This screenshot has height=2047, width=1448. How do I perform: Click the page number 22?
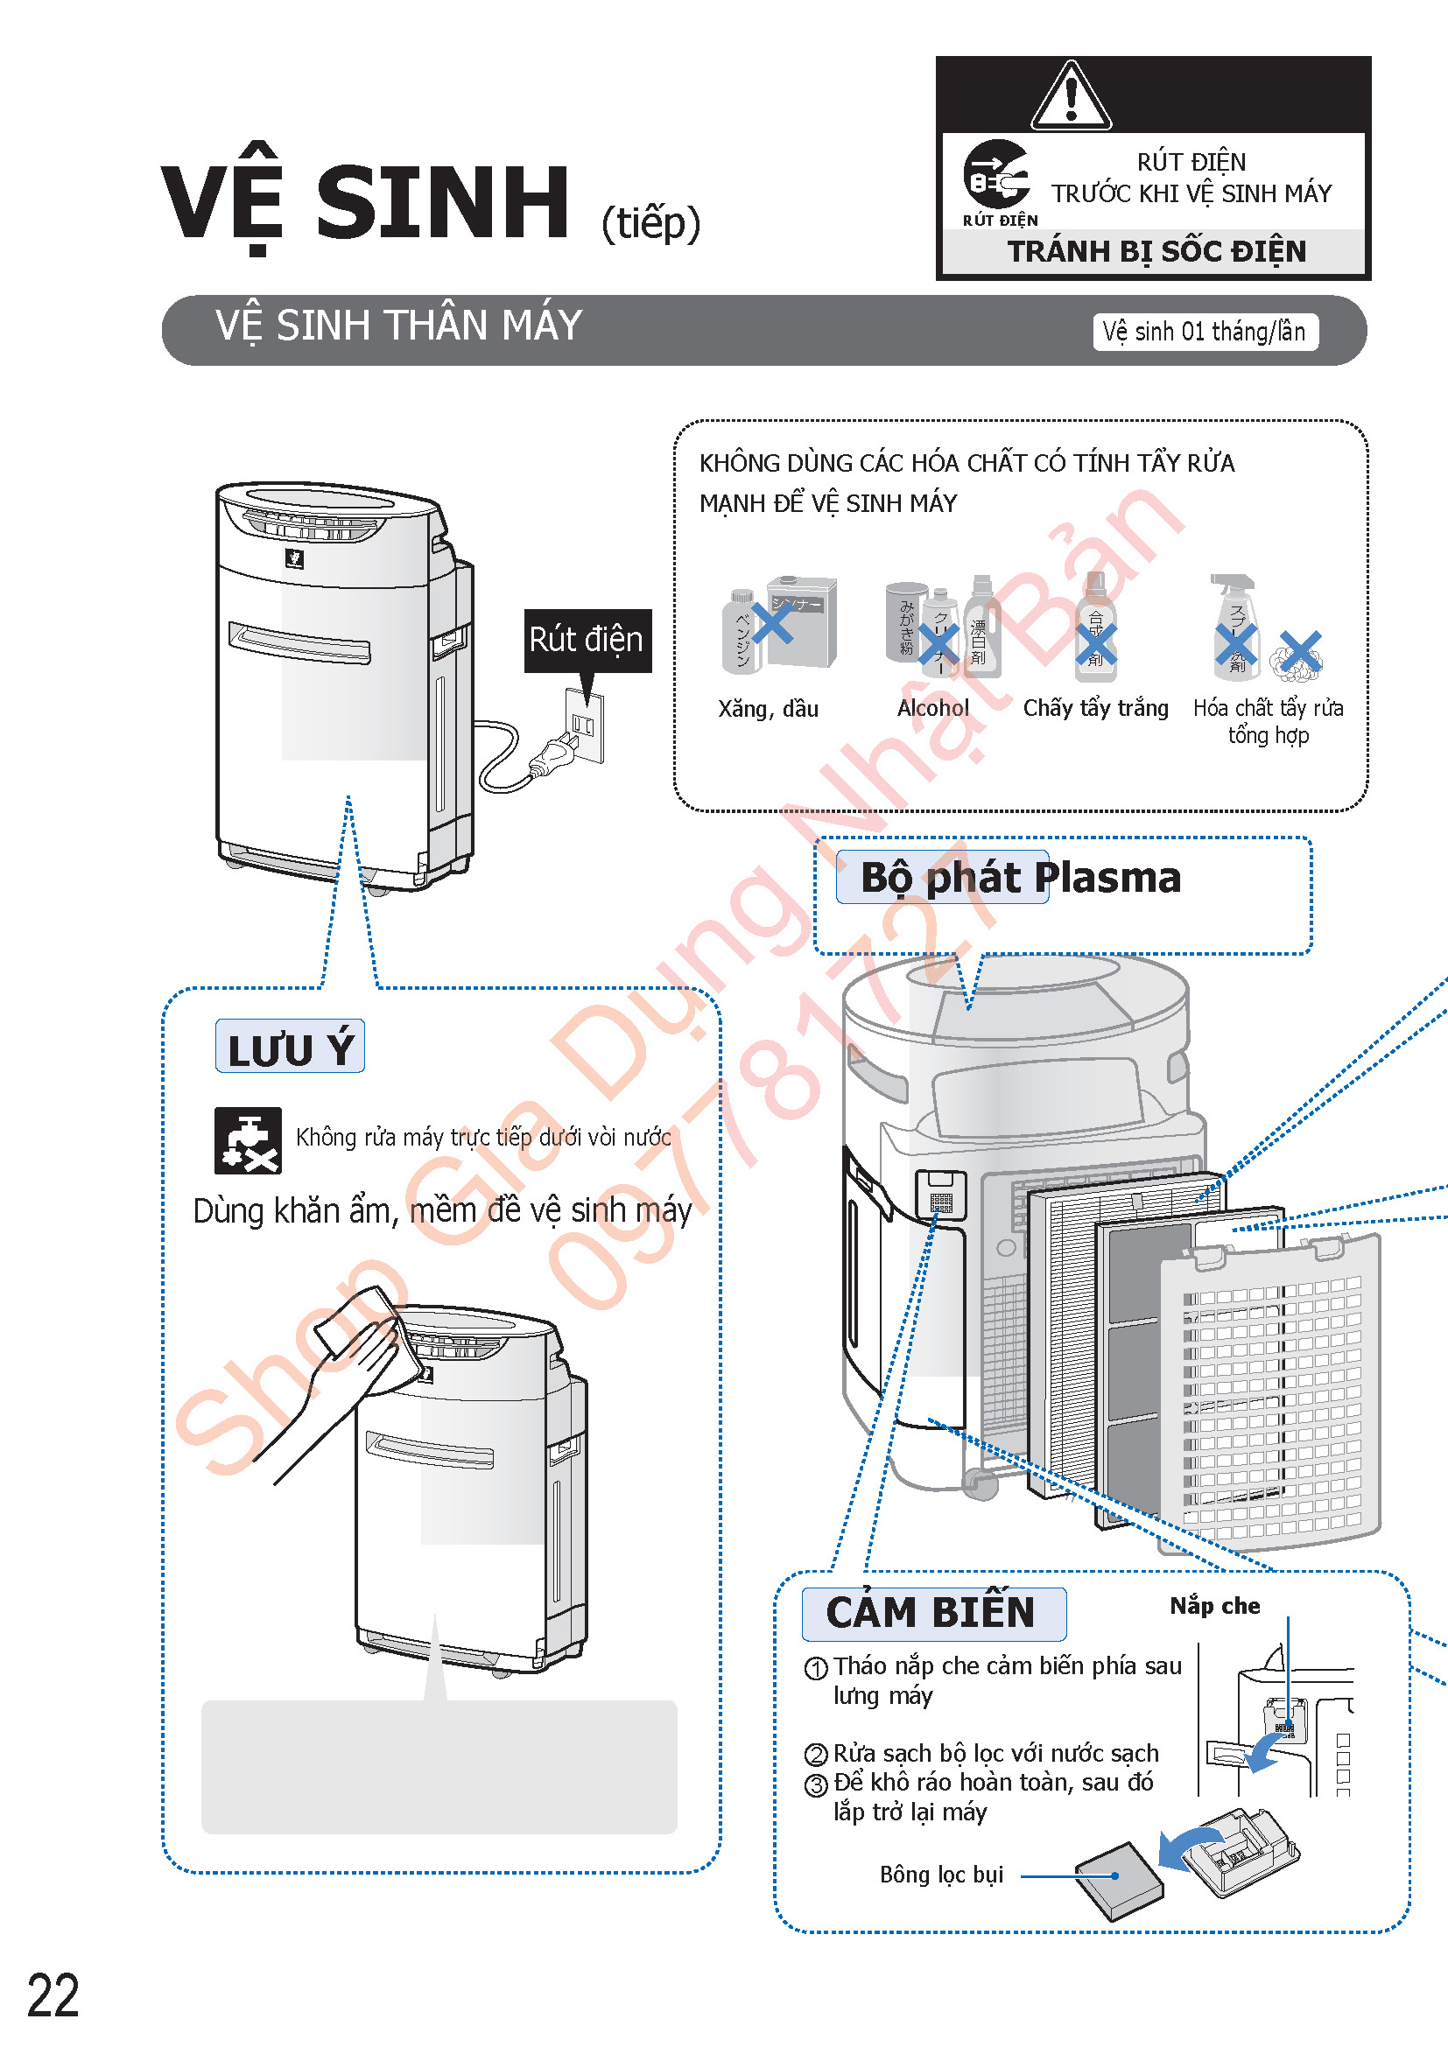coord(53,1995)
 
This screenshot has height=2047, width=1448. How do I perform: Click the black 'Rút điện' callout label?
coord(587,639)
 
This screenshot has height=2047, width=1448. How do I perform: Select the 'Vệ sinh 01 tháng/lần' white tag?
coord(1205,332)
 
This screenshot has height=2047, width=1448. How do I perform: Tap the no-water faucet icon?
coord(247,1139)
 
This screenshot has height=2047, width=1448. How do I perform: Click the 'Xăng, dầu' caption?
coord(768,709)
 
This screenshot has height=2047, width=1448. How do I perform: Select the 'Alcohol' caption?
coord(932,708)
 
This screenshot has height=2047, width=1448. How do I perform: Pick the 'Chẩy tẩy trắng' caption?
coord(1095,708)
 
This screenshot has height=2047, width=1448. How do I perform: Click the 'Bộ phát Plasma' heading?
coord(1019,877)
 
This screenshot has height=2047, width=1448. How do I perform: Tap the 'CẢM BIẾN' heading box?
coord(931,1613)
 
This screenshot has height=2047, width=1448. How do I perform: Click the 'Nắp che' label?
coord(1214,1606)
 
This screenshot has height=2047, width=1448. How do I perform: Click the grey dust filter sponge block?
coord(1119,1879)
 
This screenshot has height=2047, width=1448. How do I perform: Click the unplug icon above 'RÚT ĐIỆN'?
coord(996,174)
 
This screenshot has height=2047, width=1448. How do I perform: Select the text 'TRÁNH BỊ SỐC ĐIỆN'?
coord(1156,251)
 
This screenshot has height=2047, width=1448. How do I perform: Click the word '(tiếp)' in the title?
coord(650,222)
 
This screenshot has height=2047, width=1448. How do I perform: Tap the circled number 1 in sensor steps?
coord(816,1668)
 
